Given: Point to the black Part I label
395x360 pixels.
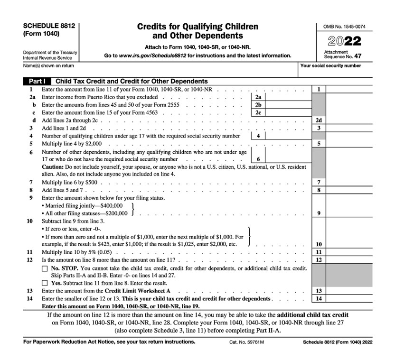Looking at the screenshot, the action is pos(37,81).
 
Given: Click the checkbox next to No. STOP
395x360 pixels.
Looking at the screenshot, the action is pos(45,269).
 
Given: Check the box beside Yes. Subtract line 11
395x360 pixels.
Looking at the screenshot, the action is pos(45,284).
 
